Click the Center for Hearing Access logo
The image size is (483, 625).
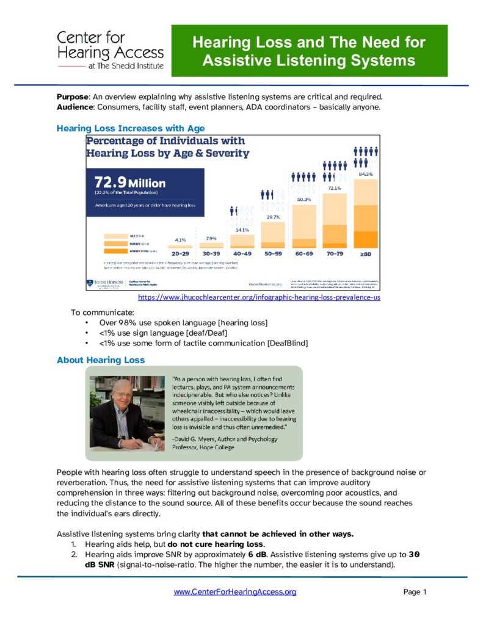click(110, 51)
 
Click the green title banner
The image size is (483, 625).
click(309, 51)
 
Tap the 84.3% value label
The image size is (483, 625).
click(366, 175)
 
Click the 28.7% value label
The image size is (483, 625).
click(272, 217)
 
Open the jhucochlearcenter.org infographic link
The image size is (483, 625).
click(260, 297)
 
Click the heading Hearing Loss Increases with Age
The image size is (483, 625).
click(131, 128)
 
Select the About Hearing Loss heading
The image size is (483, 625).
click(101, 360)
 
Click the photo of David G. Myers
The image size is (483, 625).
click(127, 413)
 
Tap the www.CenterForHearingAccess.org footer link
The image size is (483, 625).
click(235, 591)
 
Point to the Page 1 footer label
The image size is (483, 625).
click(415, 591)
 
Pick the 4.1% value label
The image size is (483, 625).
click(180, 240)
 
